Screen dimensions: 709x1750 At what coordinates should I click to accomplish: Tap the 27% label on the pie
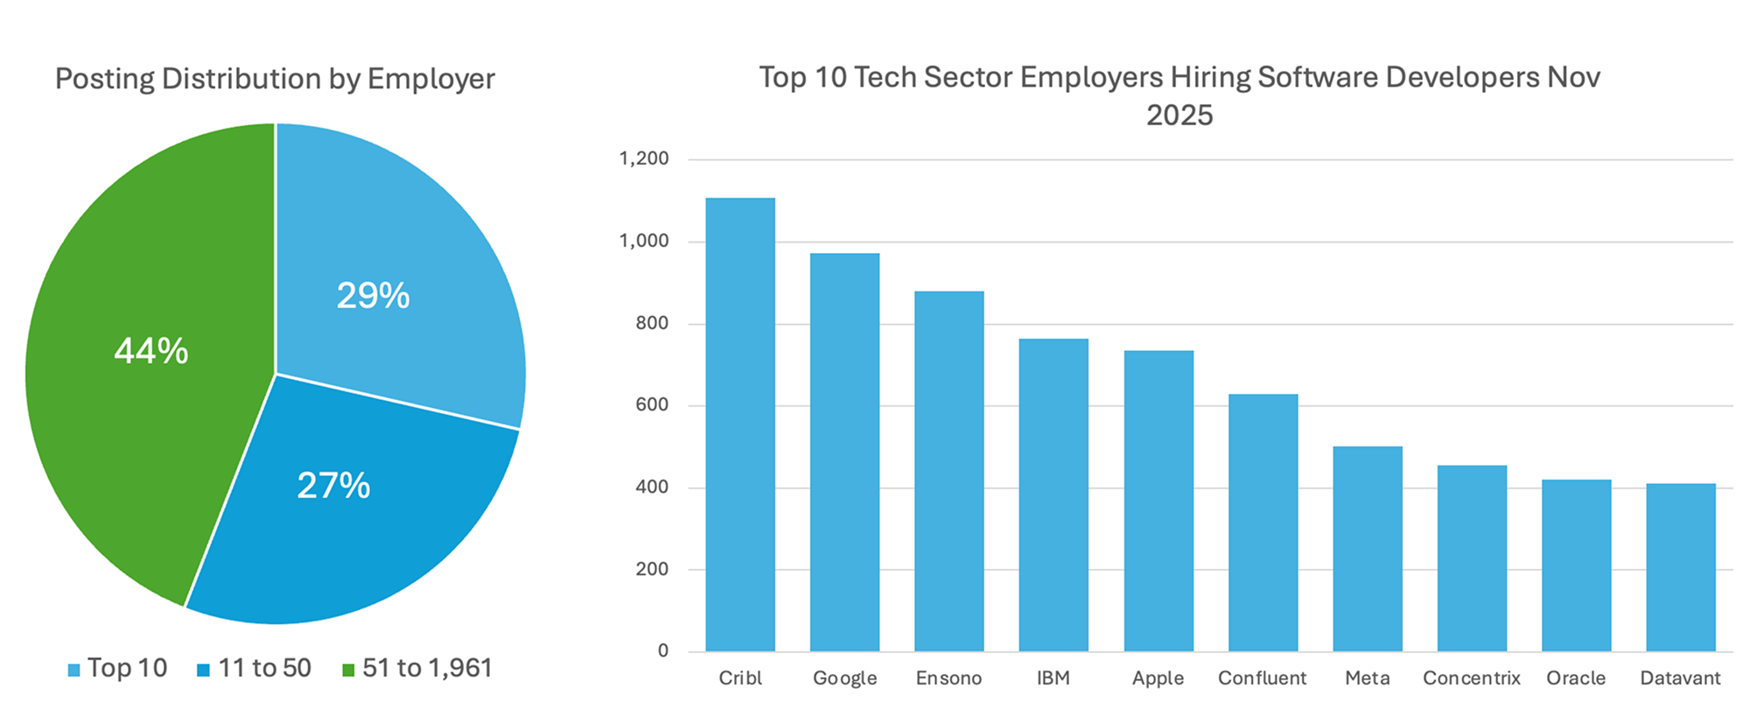click(x=333, y=486)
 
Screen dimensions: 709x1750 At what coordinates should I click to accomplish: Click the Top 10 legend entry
click(x=117, y=669)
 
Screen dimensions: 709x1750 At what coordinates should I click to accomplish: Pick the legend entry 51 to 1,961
click(x=417, y=669)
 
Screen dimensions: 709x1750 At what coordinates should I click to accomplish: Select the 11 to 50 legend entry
click(x=255, y=669)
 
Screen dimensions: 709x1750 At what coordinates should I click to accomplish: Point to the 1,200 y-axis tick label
click(x=644, y=158)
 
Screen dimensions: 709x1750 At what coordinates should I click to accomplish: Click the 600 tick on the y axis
click(x=652, y=404)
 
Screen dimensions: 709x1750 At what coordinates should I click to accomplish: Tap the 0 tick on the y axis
click(x=663, y=650)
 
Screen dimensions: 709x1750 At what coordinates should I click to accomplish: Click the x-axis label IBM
click(x=1053, y=678)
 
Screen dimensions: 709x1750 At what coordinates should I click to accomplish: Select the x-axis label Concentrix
click(x=1472, y=678)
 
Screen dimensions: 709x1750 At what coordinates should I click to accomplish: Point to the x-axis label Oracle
click(x=1576, y=678)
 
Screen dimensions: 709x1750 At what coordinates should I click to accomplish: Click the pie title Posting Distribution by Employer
click(x=275, y=79)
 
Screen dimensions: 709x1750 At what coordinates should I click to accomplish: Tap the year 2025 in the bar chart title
click(x=1179, y=116)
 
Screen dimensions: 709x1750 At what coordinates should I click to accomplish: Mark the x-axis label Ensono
click(x=948, y=678)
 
